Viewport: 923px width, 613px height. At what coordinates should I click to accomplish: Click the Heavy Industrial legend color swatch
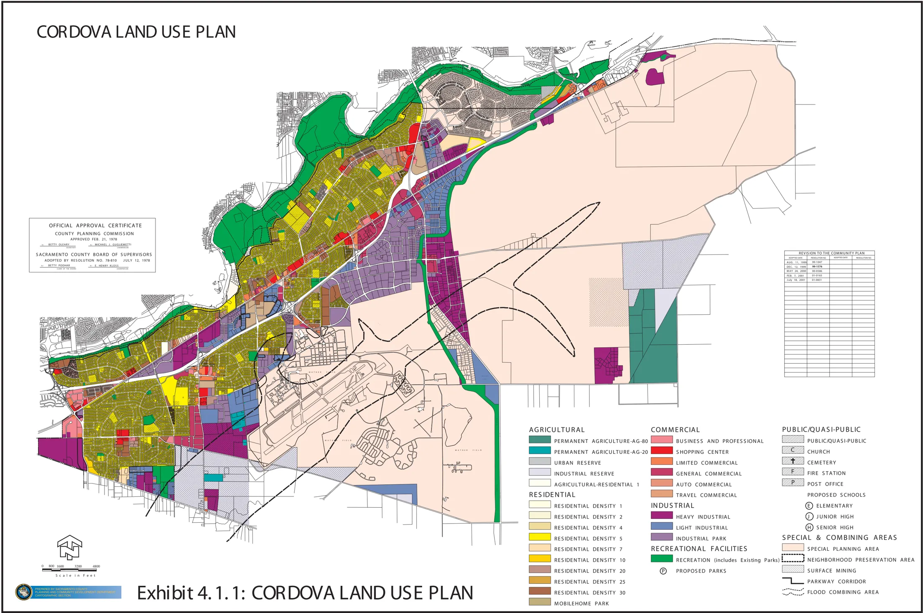click(x=661, y=515)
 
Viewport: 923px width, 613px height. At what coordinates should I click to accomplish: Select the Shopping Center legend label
click(x=702, y=452)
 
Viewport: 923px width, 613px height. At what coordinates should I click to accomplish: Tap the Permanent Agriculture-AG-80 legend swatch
click(x=539, y=440)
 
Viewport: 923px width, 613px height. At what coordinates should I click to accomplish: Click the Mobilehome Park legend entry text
click(x=581, y=603)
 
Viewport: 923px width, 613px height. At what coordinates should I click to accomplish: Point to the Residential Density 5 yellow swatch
click(x=539, y=537)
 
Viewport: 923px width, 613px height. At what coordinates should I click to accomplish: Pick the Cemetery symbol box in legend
click(x=793, y=461)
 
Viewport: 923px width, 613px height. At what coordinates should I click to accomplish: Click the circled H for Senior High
click(x=809, y=527)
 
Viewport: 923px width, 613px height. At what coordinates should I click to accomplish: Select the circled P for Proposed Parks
click(x=663, y=571)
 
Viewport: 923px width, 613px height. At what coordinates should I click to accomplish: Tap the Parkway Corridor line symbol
click(x=793, y=581)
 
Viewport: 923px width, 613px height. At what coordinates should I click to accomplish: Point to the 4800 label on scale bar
click(x=96, y=566)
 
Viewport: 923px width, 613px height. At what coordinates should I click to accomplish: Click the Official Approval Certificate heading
click(x=95, y=225)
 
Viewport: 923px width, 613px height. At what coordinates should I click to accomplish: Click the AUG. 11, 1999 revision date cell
click(x=796, y=262)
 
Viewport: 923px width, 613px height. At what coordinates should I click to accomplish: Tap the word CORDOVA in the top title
click(x=74, y=32)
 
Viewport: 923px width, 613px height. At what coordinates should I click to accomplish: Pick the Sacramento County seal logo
click(x=23, y=592)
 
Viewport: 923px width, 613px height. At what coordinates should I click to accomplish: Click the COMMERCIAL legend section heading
click(x=675, y=430)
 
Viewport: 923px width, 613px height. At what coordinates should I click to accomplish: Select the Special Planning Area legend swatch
click(x=793, y=547)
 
